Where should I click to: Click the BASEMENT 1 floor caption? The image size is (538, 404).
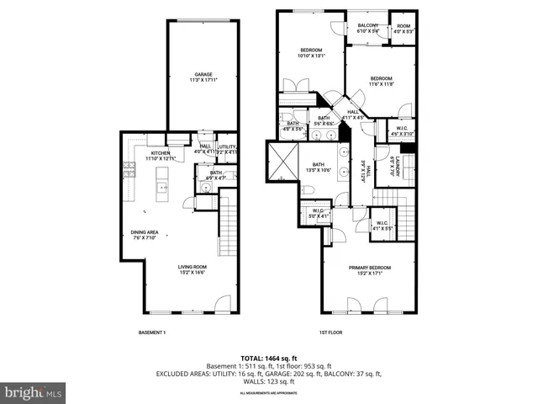(x=152, y=332)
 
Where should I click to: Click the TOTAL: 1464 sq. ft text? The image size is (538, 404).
(x=268, y=358)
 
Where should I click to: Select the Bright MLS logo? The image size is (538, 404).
(x=34, y=392)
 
